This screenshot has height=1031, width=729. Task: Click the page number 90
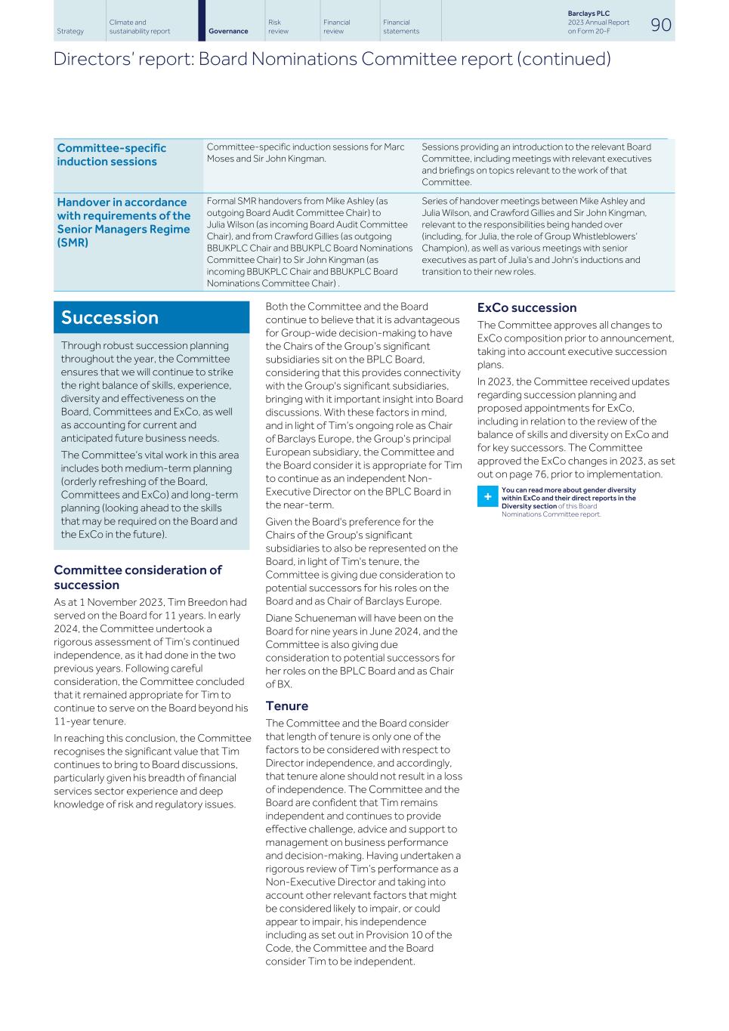pyautogui.click(x=660, y=24)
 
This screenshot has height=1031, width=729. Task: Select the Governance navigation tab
pyautogui.click(x=228, y=31)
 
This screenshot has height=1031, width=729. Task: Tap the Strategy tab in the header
pyautogui.click(x=70, y=31)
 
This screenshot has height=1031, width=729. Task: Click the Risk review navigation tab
pyautogui.click(x=278, y=27)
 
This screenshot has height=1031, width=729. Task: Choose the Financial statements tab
pyautogui.click(x=401, y=27)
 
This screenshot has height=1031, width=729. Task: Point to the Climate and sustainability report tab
pyautogui.click(x=140, y=27)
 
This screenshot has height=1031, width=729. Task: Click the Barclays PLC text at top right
pyautogui.click(x=588, y=14)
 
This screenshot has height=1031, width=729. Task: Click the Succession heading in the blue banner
pyautogui.click(x=110, y=317)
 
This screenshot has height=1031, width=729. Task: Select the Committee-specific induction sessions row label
pyautogui.click(x=112, y=155)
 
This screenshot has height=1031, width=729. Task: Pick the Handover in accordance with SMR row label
pyautogui.click(x=124, y=222)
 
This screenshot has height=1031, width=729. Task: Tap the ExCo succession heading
pyautogui.click(x=527, y=308)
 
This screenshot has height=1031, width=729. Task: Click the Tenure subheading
pyautogui.click(x=286, y=706)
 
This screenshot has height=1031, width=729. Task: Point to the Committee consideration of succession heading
pyautogui.click(x=137, y=577)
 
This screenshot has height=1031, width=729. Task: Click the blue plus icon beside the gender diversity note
pyautogui.click(x=487, y=497)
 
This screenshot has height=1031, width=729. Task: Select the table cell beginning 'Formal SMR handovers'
pyautogui.click(x=310, y=242)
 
